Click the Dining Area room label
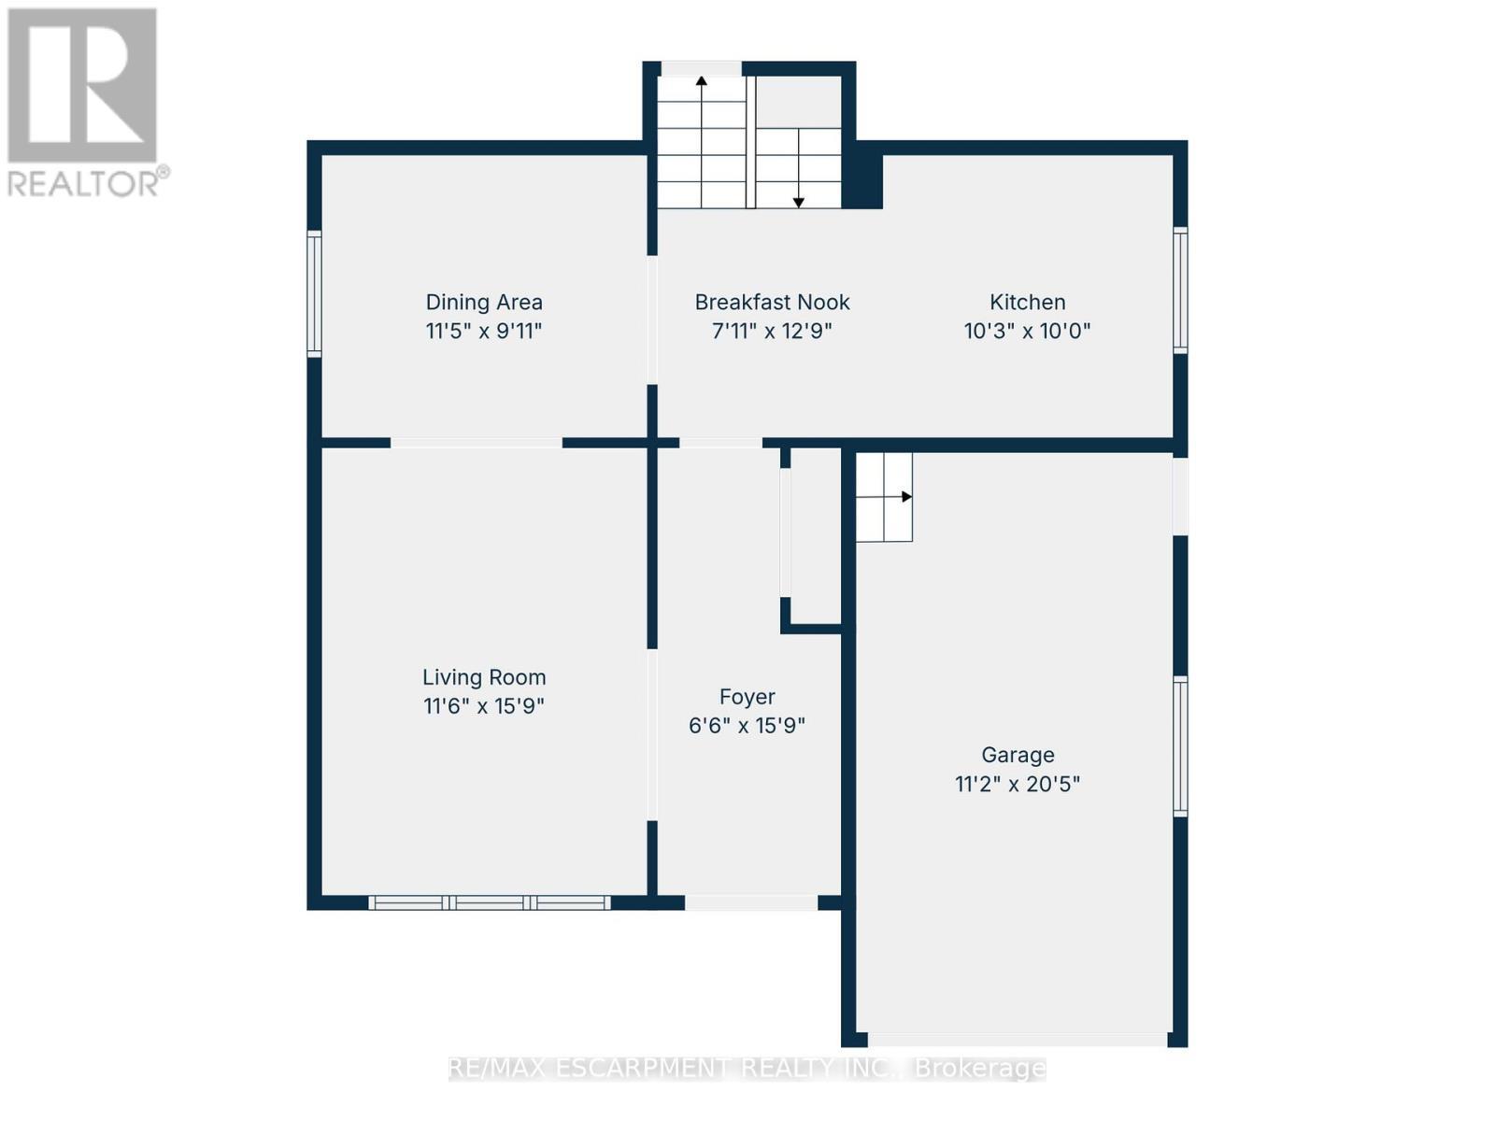[483, 302]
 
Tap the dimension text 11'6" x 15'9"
[483, 705]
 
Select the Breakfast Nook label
[772, 302]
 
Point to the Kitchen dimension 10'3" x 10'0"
[1027, 331]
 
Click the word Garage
[1018, 755]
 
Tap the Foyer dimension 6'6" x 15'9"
[747, 725]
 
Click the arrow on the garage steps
[904, 497]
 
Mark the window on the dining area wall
[315, 293]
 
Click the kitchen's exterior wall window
[1180, 290]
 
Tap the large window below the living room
[490, 902]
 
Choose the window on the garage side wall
[1180, 745]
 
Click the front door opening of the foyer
[751, 902]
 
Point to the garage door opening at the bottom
[1017, 1039]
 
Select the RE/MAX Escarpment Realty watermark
[747, 1068]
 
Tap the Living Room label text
[483, 677]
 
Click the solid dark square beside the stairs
[863, 180]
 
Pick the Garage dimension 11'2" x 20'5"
[1017, 784]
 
